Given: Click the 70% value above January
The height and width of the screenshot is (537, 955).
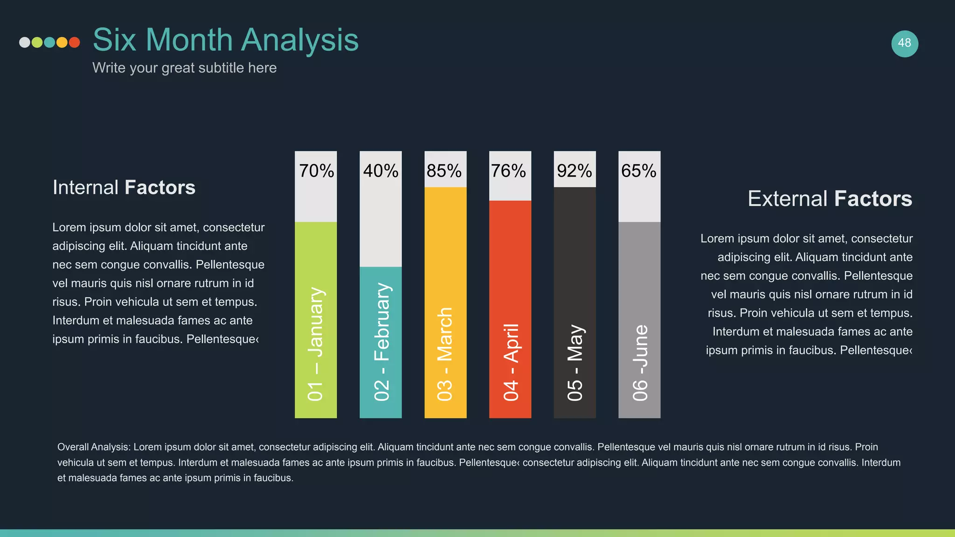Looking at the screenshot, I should pos(316,171).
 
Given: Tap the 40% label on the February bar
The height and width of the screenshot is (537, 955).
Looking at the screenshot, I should pos(381,171).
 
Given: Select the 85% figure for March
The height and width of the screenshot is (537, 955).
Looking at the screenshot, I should pos(444,171).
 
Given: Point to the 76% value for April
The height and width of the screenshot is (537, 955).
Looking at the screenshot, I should pos(508,171).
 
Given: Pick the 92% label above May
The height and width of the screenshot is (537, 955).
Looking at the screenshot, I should pos(574,171).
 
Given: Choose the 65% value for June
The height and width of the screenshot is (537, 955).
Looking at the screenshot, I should pos(638,171).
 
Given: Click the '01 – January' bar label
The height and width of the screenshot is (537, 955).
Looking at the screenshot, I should pos(316,344).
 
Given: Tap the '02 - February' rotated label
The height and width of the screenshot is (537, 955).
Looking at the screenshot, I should pos(381,342).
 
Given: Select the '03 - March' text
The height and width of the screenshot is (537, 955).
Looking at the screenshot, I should pos(445,354).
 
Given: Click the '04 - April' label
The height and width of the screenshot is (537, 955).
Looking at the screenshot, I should pos(511,362).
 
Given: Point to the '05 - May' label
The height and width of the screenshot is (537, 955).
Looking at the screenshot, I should pos(575,363).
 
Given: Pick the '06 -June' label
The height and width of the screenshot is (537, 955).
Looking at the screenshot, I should pos(640,363).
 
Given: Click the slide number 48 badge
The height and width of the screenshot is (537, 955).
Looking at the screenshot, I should pos(905,43).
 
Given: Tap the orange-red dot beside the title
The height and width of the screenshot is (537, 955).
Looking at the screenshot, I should pos(74,42).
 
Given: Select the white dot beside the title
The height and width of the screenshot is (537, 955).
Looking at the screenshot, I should pos(25,42).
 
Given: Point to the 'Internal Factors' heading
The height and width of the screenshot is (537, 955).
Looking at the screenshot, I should pos(124,187).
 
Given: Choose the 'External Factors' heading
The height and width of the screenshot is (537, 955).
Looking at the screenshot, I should pos(830,199).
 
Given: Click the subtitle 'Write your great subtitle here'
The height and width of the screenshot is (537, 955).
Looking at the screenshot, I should pos(184,68).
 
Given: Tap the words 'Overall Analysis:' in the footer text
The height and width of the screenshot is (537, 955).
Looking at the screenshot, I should pos(94,447).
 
